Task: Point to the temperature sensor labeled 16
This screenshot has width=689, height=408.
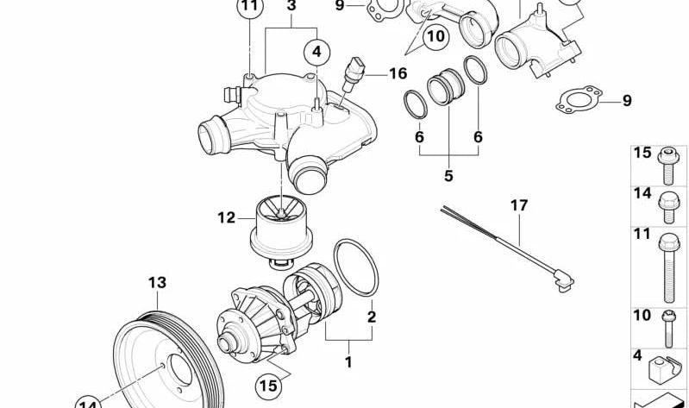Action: click(x=354, y=72)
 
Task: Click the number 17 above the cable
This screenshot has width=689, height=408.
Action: click(x=517, y=206)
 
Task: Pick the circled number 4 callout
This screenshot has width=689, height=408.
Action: click(x=316, y=52)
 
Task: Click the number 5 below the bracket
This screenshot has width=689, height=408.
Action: click(x=448, y=176)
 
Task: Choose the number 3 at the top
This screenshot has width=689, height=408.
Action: click(x=291, y=7)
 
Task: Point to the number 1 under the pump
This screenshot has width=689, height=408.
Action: click(x=348, y=362)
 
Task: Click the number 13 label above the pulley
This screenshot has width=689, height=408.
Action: click(x=157, y=282)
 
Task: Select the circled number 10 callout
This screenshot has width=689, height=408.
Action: click(x=436, y=36)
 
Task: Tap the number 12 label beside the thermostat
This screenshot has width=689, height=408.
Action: click(x=226, y=217)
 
